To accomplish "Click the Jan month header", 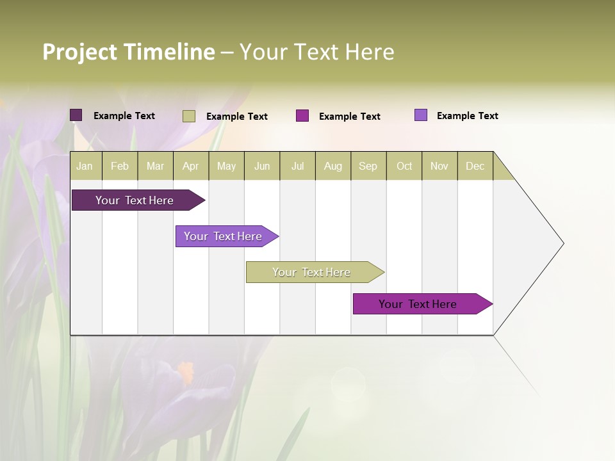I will [85, 166].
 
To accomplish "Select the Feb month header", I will [120, 166].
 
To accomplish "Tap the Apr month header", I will [190, 166].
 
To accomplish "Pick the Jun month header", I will [262, 166].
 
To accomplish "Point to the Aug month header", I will [332, 166].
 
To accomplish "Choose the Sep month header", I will [368, 166].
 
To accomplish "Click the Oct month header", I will [404, 166].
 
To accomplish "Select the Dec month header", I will [475, 166].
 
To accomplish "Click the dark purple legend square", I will [76, 115].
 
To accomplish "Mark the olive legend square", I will [189, 116].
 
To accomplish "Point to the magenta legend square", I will [302, 116].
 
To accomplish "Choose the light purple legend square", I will [421, 115].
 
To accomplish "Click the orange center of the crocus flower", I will [186, 371].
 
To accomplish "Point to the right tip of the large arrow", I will [562, 243].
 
